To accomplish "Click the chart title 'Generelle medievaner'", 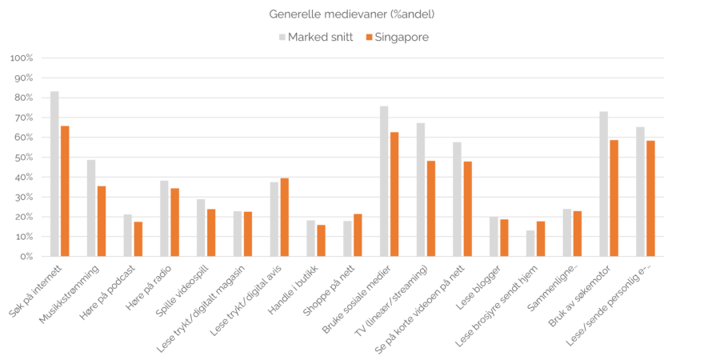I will coord(352,14).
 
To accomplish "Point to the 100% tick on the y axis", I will coord(21,58).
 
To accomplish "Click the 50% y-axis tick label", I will coord(22,157).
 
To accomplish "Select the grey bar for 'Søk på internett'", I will coord(54,174).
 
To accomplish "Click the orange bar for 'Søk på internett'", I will coord(65,191).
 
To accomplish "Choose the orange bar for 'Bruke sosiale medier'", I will coord(394,194).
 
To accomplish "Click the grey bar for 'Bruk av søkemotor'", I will coord(604,184).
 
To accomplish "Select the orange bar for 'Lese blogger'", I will coord(505,238).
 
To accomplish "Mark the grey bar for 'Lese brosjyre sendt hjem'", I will coord(530,243).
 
